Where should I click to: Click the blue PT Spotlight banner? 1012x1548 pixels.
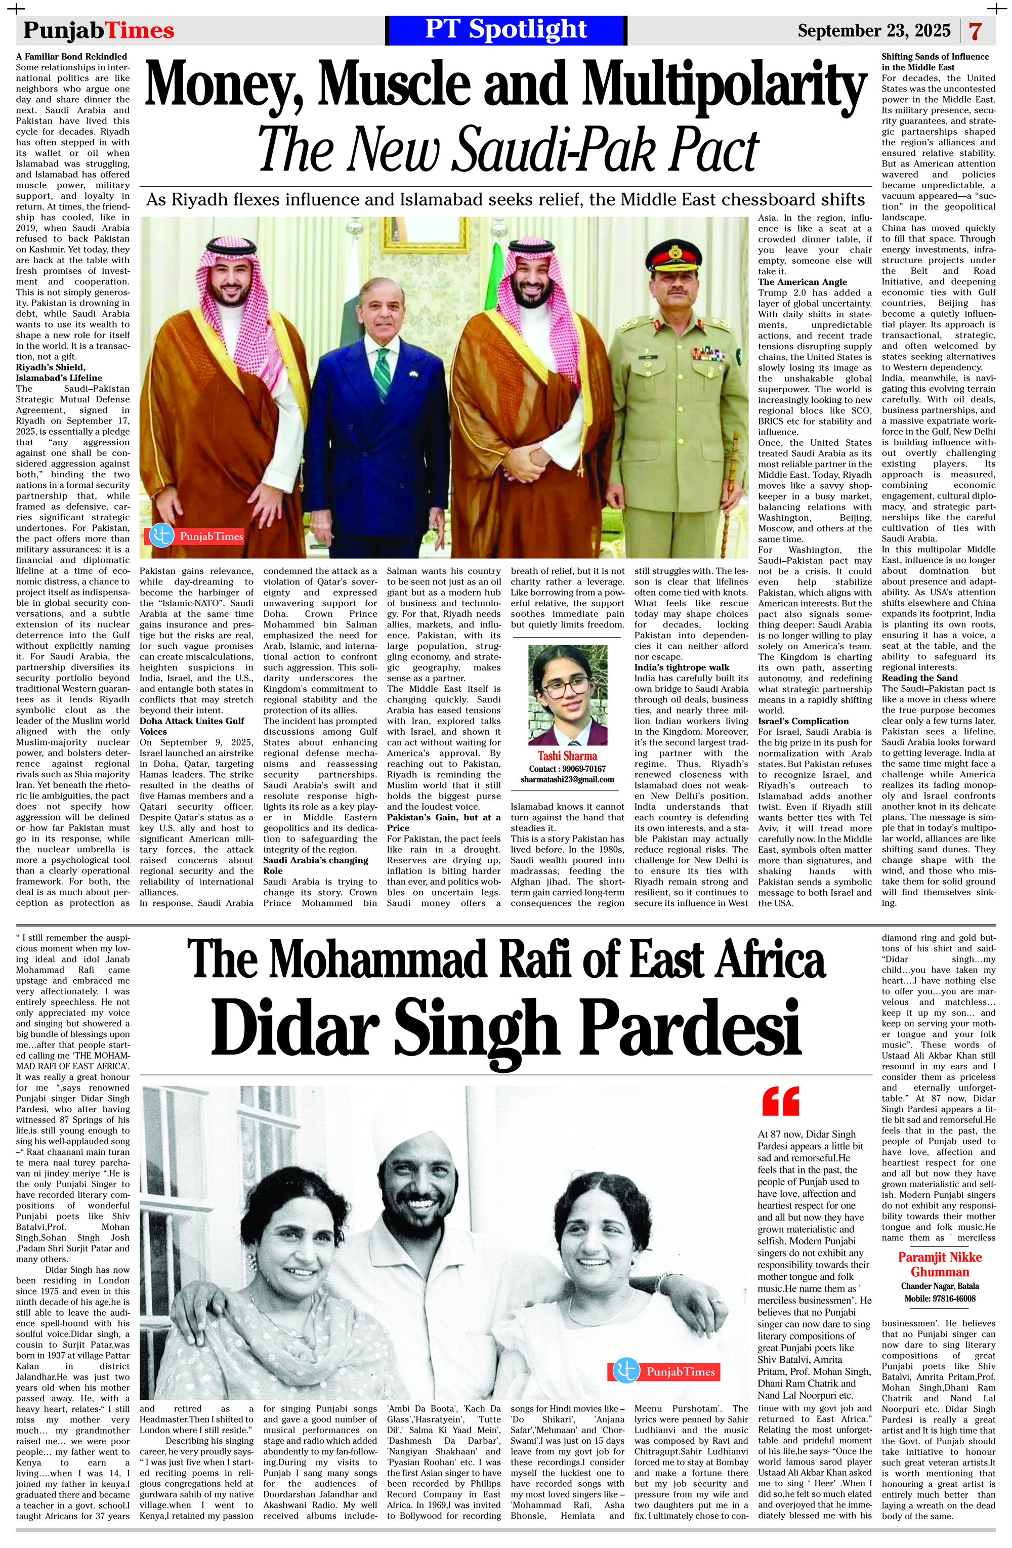(x=505, y=30)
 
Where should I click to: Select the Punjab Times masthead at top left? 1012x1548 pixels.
(x=99, y=30)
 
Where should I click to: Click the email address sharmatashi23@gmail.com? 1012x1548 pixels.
(x=567, y=779)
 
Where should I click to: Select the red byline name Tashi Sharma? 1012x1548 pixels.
(x=567, y=756)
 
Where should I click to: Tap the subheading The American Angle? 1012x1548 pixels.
(x=803, y=282)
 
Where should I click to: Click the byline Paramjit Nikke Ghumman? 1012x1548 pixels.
(x=939, y=1265)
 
